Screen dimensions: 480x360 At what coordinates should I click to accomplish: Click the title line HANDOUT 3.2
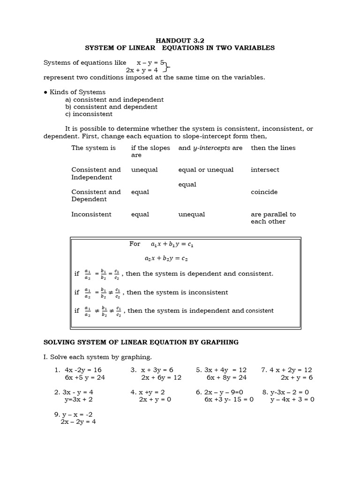180,40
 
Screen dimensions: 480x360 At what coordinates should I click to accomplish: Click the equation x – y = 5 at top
150,62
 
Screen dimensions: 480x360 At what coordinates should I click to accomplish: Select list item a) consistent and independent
114,99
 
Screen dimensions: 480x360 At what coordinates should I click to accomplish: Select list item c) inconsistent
89,114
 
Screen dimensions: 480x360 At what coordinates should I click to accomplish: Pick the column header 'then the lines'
273,148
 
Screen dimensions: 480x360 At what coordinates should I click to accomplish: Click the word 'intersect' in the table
264,170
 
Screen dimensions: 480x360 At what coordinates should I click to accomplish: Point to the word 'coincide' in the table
264,192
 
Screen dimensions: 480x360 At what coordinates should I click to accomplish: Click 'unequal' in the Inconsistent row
192,214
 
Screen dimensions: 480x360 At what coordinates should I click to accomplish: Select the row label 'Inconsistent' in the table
91,214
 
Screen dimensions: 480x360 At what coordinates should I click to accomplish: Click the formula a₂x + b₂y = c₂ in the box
166,258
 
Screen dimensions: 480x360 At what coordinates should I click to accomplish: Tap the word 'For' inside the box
135,244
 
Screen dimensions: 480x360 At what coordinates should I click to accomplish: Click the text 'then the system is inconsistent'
178,292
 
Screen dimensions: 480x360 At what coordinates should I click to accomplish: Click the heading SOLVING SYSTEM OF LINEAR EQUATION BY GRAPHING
141,342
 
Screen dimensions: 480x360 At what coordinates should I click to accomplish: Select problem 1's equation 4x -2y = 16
83,370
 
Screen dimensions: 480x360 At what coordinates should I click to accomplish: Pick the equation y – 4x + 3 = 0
292,399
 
